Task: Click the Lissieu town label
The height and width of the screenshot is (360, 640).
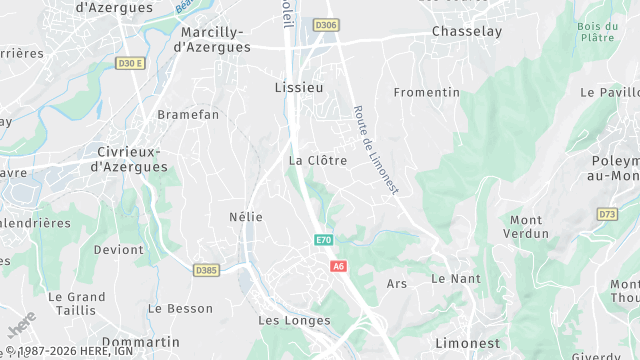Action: (299, 88)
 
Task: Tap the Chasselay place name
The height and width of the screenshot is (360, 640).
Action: (465, 32)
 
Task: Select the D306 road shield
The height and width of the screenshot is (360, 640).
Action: (325, 24)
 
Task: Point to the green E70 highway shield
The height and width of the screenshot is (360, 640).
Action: (323, 240)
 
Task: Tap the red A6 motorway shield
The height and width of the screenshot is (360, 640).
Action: (339, 266)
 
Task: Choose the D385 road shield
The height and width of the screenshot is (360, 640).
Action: (207, 270)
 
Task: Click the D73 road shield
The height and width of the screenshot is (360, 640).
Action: (607, 214)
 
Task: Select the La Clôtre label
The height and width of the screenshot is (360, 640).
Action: (318, 160)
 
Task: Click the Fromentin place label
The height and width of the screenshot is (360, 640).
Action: (427, 92)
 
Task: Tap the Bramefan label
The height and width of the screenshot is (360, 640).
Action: (188, 115)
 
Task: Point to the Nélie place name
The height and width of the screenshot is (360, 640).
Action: (246, 217)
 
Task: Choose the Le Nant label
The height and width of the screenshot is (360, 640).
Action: (456, 278)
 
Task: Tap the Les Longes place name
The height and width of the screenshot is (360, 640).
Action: (294, 321)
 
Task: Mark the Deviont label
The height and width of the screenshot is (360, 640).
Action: (118, 249)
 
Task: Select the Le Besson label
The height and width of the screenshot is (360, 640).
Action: (181, 309)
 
